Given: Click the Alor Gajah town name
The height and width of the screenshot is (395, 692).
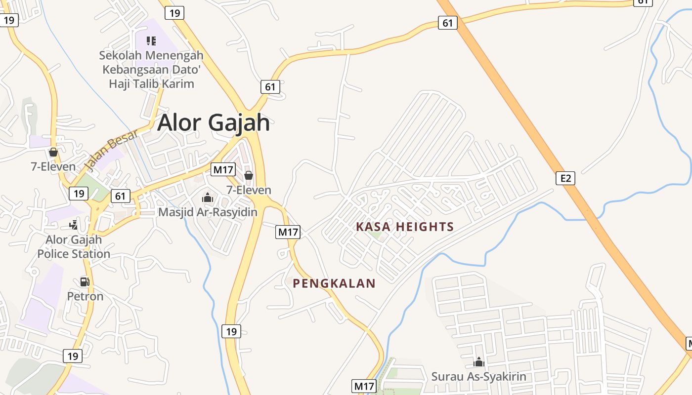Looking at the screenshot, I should [x=214, y=122].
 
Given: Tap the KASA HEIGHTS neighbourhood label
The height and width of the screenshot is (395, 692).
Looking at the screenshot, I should [x=405, y=227].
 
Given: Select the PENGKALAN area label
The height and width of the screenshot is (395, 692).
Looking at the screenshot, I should [x=334, y=283].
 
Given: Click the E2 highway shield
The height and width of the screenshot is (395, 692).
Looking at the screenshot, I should [x=565, y=178].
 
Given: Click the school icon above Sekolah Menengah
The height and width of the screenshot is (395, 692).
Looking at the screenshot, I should [x=151, y=41].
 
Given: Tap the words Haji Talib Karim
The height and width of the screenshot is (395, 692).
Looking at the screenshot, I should [x=151, y=83].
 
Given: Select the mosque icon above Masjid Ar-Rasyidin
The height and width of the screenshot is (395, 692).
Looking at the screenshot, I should [x=208, y=197].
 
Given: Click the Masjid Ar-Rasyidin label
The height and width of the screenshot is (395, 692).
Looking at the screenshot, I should [x=208, y=212].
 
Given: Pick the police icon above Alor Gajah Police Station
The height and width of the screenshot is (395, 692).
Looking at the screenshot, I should [x=74, y=225].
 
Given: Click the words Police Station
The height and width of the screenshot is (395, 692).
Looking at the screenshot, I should [x=74, y=254].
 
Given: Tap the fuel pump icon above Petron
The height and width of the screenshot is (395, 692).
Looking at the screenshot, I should [x=85, y=282].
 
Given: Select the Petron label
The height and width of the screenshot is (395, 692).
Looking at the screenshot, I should [x=85, y=296].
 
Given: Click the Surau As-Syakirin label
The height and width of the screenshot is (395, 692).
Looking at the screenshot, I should [x=478, y=377].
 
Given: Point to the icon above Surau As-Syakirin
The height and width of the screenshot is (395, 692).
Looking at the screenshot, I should [x=478, y=362].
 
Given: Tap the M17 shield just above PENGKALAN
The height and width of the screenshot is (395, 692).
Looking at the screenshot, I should [x=288, y=232].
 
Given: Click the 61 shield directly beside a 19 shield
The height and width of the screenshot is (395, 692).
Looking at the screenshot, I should [x=120, y=196].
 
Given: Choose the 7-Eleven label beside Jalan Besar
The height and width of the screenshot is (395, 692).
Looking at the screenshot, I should [x=53, y=166].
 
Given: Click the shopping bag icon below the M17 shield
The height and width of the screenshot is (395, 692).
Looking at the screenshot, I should [x=249, y=175].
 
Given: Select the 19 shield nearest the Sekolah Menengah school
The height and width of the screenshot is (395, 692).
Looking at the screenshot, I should [x=174, y=13].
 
